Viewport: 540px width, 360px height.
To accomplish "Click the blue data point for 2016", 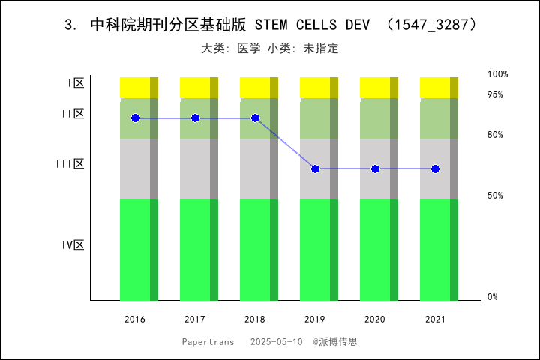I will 135,118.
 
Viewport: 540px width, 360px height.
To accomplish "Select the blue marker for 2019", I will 315,169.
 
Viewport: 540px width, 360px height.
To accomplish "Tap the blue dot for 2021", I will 435,169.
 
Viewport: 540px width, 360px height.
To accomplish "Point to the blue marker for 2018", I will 255,118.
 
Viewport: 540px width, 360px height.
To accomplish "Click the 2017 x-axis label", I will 195,319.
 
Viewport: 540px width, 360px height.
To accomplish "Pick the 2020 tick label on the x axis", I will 375,319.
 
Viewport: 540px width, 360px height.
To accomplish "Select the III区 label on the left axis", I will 70,164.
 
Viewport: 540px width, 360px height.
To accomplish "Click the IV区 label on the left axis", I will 73,245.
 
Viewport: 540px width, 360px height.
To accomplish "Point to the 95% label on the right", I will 495,94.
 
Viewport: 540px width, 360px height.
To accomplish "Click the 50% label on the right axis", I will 495,196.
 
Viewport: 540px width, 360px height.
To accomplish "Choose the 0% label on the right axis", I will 493,297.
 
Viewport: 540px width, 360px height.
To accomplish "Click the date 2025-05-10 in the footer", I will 277,341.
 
